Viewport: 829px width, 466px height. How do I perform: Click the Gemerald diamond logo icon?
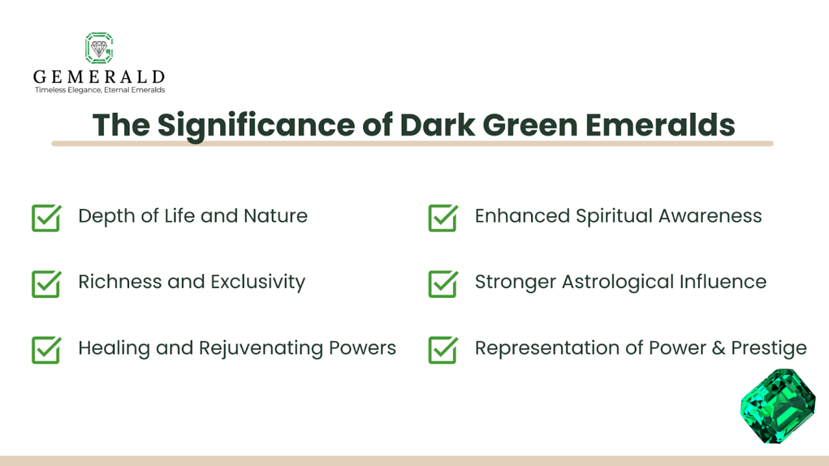tap(99, 48)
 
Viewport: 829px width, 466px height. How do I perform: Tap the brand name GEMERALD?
tap(99, 77)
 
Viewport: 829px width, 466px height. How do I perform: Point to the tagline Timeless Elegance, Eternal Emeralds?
tap(100, 90)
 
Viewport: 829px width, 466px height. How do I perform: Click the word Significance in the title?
tap(256, 125)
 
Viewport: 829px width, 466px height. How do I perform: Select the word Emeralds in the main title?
tap(660, 125)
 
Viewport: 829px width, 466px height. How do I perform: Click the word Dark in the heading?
tap(437, 125)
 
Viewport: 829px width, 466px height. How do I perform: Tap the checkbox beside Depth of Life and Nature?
tap(46, 218)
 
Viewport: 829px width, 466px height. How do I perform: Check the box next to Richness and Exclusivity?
tap(46, 284)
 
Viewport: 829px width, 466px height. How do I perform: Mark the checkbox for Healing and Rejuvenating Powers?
tap(46, 350)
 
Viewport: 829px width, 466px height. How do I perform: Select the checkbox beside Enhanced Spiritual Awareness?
tap(443, 218)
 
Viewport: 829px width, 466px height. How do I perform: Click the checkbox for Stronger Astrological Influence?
tap(443, 284)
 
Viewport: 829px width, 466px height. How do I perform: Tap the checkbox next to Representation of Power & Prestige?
tap(443, 350)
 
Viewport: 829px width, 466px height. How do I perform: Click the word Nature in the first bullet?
tap(275, 216)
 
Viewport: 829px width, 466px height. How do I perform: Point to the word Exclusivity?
tap(257, 282)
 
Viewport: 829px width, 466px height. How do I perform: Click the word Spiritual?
tap(614, 216)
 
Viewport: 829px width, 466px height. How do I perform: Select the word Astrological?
tap(617, 282)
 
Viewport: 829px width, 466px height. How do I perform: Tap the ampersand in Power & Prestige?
tap(718, 348)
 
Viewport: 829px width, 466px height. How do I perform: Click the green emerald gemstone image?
tap(778, 406)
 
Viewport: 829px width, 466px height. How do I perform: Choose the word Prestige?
tap(769, 348)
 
